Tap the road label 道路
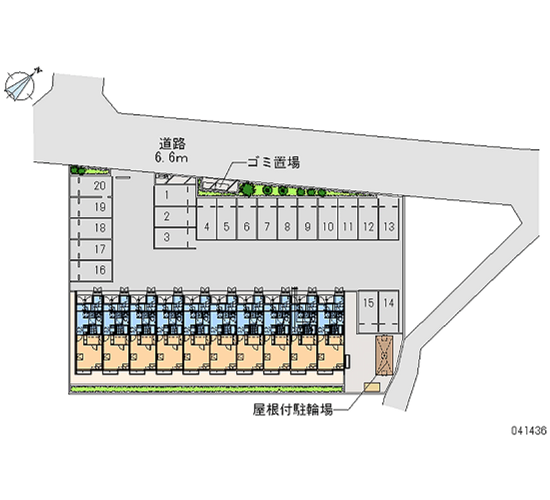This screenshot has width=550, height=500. (x=173, y=144)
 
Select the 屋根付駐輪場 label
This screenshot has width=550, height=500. (x=293, y=410)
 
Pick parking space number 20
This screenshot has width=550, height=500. (x=100, y=186)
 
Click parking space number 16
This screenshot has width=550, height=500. (x=100, y=270)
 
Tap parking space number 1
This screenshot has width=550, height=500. (x=167, y=195)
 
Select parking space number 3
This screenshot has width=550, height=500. (x=167, y=237)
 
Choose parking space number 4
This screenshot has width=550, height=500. (x=207, y=226)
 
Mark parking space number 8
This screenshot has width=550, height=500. (x=287, y=226)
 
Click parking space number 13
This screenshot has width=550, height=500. (x=388, y=226)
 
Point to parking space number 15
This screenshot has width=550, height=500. (x=368, y=303)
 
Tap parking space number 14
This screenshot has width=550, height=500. (x=388, y=303)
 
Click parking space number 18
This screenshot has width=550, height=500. (x=100, y=228)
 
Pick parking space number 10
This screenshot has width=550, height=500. (x=328, y=226)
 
